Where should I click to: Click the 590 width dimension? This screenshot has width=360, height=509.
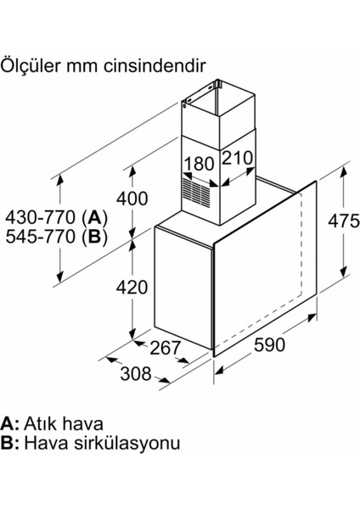(x=269, y=344)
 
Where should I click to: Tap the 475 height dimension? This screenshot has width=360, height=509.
(x=344, y=221)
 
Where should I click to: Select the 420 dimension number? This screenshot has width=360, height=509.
(x=132, y=288)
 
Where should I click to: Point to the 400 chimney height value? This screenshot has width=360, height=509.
(x=132, y=199)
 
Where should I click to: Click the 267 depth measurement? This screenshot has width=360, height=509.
(x=165, y=348)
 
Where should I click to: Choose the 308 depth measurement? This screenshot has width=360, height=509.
(x=136, y=373)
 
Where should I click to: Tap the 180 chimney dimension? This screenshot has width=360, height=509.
(x=199, y=164)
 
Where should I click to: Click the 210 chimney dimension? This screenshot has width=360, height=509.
(x=237, y=158)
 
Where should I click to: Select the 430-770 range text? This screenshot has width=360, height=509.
(x=41, y=217)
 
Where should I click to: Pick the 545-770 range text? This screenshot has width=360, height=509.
(x=41, y=237)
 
